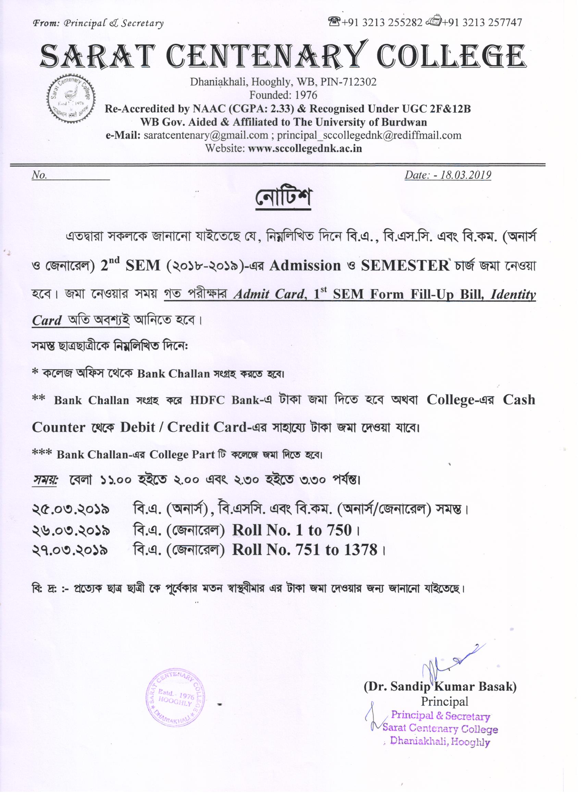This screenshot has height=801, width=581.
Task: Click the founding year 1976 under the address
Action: click(x=306, y=95)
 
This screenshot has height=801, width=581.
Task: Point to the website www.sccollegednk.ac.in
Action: click(x=305, y=148)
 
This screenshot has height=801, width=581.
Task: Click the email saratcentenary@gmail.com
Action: click(x=206, y=135)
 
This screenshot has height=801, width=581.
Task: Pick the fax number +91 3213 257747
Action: click(x=482, y=23)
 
